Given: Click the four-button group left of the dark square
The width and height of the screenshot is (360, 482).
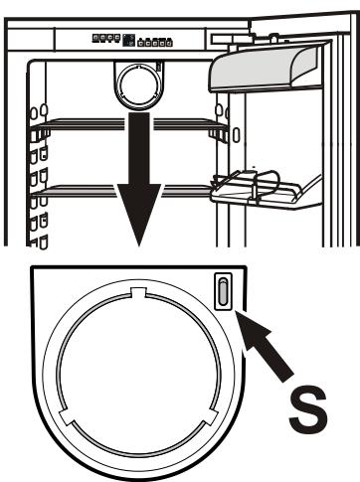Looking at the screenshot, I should point(104,40).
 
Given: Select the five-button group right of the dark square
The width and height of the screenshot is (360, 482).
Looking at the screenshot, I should point(153,41).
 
